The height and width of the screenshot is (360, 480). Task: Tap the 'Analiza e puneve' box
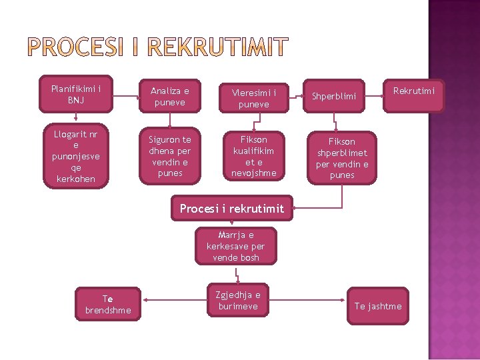[169, 97]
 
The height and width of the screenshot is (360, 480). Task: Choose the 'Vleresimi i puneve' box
[253, 98]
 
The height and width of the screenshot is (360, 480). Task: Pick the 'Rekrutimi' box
[413, 91]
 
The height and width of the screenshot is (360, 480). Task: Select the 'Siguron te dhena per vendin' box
[169, 157]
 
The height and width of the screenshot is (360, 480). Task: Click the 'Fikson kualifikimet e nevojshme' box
[253, 157]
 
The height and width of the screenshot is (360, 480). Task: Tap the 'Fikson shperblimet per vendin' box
[341, 158]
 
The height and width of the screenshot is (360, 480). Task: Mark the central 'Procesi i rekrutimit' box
[231, 209]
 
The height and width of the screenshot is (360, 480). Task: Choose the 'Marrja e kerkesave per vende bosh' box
[235, 246]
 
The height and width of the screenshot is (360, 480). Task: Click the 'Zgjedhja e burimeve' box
[238, 300]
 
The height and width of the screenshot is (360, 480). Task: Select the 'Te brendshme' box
[108, 305]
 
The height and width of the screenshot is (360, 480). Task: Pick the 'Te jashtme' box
[378, 306]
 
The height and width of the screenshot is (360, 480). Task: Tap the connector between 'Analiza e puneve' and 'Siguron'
[170, 120]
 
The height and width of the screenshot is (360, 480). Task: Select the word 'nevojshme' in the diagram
[253, 174]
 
